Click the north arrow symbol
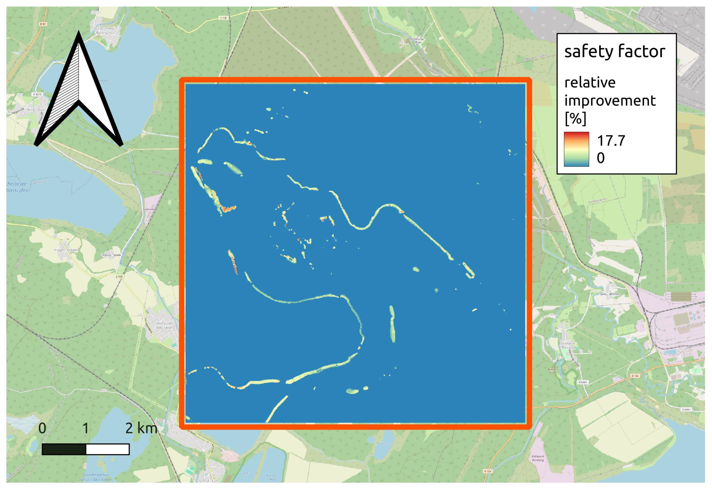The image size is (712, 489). click(79, 92)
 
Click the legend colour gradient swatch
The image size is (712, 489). click(576, 149)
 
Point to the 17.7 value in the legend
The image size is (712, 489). click(611, 141)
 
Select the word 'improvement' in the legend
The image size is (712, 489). click(610, 100)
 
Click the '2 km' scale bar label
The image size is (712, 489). click(141, 428)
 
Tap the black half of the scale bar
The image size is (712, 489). click(64, 449)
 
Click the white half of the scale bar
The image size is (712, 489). click(107, 449)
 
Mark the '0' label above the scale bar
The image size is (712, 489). click(42, 428)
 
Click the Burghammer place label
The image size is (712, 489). click(104, 29)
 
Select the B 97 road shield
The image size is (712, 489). click(42, 24)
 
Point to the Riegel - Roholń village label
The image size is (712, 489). click(66, 250)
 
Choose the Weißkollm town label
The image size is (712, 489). click(165, 324)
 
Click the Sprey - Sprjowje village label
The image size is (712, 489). click(610, 294)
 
